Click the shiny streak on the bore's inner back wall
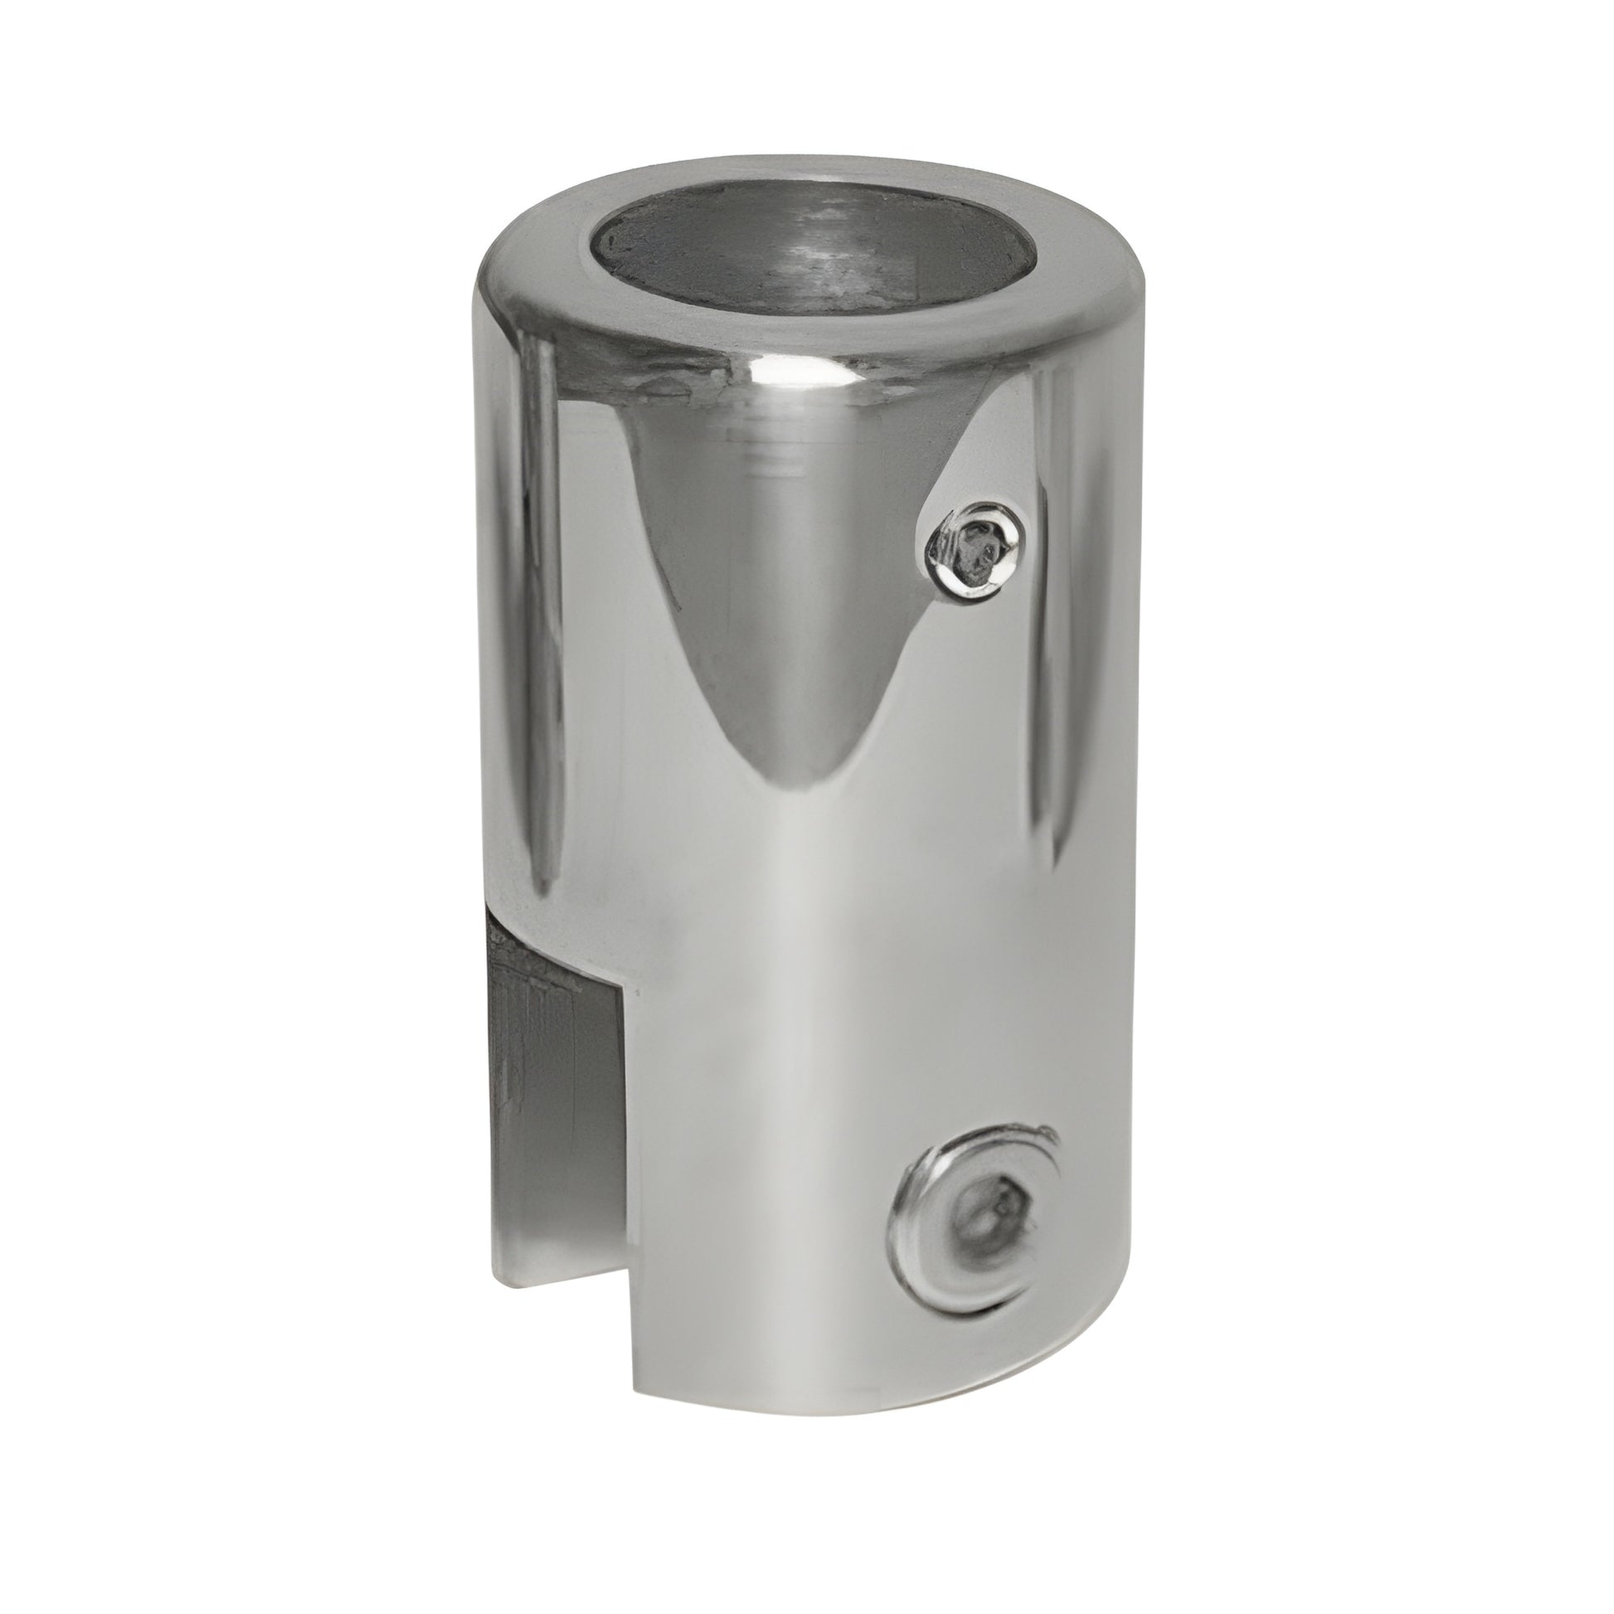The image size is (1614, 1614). coord(823,242)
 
